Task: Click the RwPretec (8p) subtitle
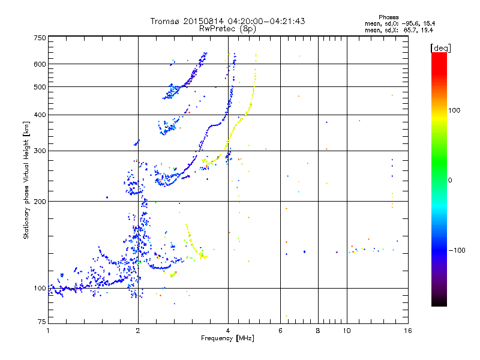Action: pos(227,28)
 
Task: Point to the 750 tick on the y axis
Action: pos(40,37)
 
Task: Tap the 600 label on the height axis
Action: pos(40,64)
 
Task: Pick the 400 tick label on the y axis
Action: pos(40,115)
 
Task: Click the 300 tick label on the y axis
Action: pos(40,151)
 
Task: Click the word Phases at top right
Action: pos(389,17)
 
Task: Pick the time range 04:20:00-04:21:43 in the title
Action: pos(260,22)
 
